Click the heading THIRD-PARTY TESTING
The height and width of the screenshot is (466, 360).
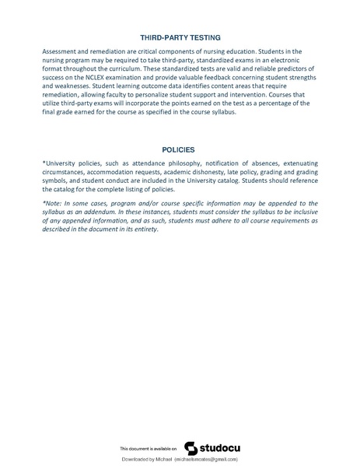[180, 37]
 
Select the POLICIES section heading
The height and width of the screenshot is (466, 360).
[179, 149]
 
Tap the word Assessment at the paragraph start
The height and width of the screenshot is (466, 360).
[62, 51]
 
